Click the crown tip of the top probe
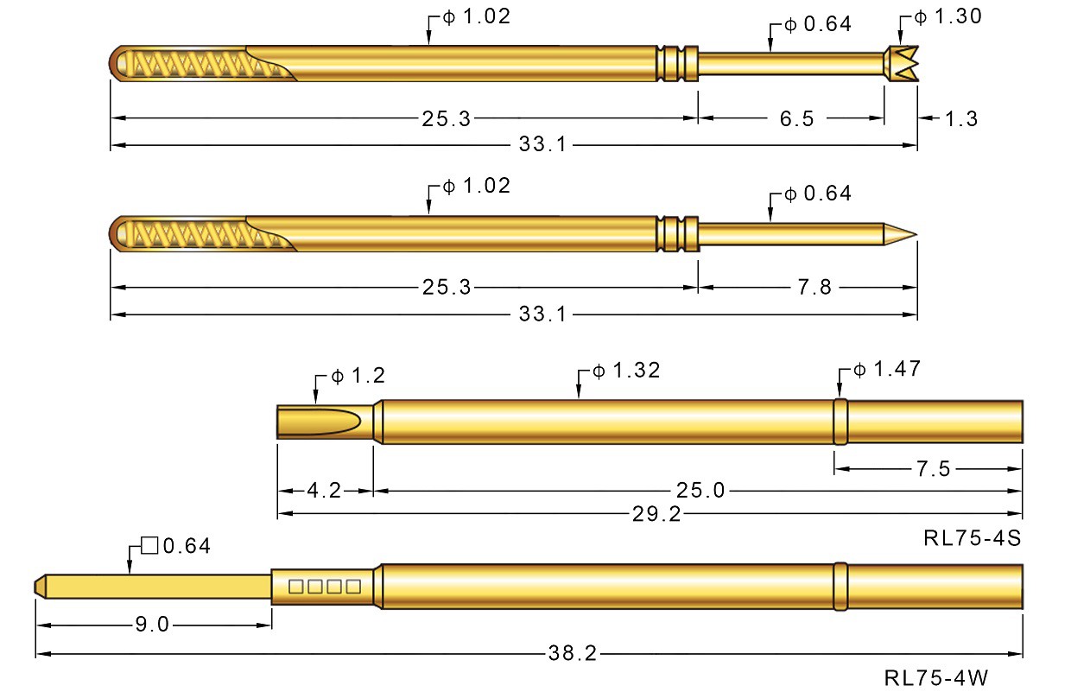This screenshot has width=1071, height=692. pos(901,65)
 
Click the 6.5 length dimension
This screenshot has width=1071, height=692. pos(796,118)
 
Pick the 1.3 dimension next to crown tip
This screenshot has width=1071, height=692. pos(961,118)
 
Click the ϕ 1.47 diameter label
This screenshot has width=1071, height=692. pos(886,370)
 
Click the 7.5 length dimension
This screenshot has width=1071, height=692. pos(932,469)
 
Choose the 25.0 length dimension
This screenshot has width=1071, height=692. pos(700,491)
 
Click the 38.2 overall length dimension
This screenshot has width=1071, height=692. pos(572,654)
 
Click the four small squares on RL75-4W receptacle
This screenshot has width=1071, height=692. pos(325,587)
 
